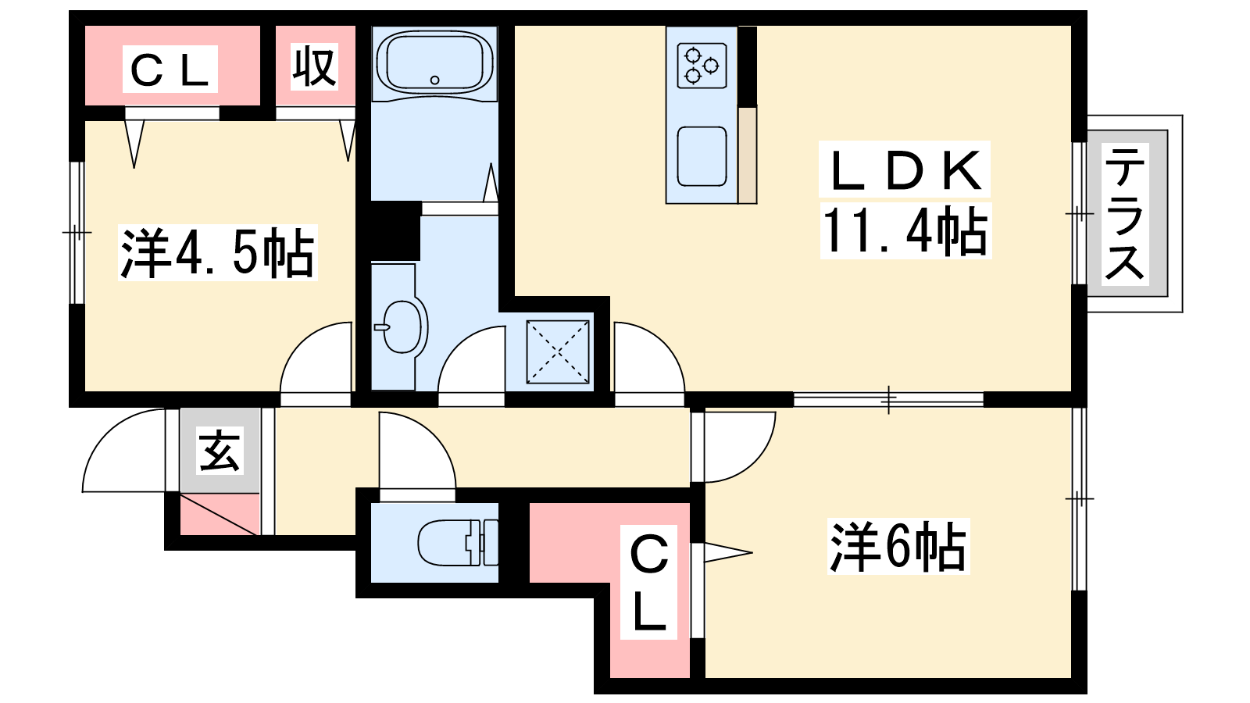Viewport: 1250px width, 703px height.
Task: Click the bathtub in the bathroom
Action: [434, 62]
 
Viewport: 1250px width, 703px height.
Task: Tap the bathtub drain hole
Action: [434, 80]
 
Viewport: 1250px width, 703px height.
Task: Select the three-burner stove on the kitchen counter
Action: [702, 66]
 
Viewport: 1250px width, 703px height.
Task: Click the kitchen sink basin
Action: [702, 157]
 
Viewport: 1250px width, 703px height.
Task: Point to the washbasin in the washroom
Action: [403, 327]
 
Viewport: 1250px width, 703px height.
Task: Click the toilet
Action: [458, 542]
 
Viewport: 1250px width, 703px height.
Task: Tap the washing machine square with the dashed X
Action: [558, 351]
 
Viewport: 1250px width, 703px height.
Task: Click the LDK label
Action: [905, 170]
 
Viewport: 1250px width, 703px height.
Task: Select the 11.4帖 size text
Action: [905, 231]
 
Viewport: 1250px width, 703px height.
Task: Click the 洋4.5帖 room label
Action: [218, 252]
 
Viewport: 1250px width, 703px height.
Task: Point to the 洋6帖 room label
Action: [898, 546]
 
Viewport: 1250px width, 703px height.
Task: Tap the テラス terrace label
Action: [1125, 214]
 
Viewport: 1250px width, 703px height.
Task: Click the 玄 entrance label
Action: [220, 450]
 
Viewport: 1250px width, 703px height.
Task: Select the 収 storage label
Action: [314, 66]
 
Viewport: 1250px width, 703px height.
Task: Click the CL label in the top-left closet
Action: [170, 70]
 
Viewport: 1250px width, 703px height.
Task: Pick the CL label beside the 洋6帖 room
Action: [649, 582]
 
